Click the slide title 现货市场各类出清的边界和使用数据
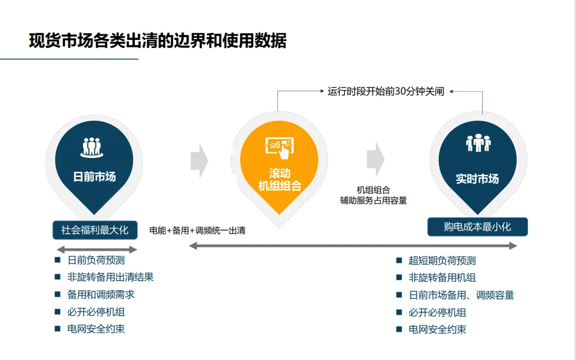[x=157, y=41]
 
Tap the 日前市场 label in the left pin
[x=94, y=176]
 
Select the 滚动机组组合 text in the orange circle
[x=279, y=180]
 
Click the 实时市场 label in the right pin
[x=477, y=179]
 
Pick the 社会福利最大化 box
[x=95, y=230]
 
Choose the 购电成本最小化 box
[x=477, y=227]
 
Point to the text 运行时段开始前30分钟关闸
[x=386, y=92]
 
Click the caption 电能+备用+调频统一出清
[x=197, y=231]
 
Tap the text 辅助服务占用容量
[x=373, y=200]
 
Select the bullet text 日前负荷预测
[x=96, y=261]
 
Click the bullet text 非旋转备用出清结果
[x=110, y=277]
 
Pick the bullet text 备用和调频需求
[x=100, y=294]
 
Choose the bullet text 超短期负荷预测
[x=442, y=261]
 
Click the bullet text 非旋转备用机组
[x=442, y=278]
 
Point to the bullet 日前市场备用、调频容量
[x=461, y=295]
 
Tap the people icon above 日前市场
[x=93, y=146]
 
